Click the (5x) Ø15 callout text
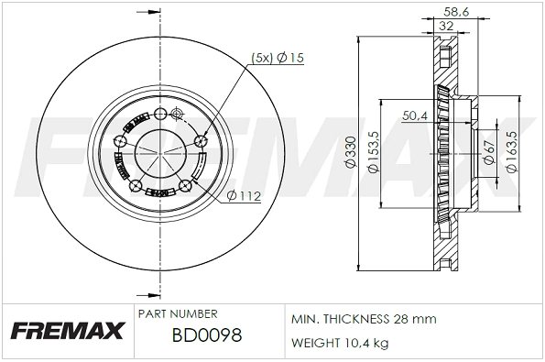[278, 59]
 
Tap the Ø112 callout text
[244, 195]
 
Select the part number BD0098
[206, 336]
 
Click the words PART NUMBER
[177, 313]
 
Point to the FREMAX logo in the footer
[67, 329]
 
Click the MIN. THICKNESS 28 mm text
[364, 319]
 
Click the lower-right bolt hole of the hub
[186, 186]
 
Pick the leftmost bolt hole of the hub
[120, 141]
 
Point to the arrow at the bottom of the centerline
[147, 295]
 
